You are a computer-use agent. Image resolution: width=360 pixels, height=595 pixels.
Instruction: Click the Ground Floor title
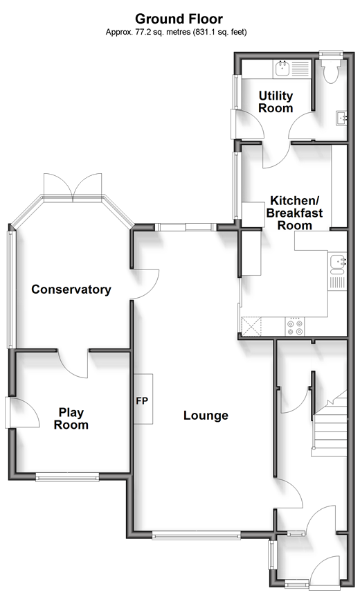point(179,19)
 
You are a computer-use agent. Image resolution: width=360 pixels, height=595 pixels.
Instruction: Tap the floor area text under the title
point(177,33)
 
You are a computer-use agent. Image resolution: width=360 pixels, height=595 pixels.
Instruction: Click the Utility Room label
point(276,101)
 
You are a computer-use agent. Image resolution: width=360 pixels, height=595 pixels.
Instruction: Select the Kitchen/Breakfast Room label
point(294,213)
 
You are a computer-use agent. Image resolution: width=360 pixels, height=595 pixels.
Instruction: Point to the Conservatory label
point(71,289)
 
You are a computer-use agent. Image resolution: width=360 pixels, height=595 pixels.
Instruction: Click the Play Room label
point(71,418)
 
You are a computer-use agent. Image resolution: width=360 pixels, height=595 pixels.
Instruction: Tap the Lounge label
point(206,416)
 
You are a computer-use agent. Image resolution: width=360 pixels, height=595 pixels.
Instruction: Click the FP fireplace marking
point(142,401)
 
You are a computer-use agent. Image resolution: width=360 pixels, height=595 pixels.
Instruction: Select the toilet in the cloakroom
point(329,71)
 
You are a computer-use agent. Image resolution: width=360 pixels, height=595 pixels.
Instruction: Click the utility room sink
point(282,69)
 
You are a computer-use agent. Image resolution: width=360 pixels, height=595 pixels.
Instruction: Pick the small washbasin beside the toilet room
point(341,118)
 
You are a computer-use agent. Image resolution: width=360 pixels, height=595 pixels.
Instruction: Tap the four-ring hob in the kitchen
point(296,326)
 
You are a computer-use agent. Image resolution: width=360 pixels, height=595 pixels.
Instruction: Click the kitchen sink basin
point(337,265)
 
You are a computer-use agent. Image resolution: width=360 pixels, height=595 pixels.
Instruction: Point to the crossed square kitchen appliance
point(251,326)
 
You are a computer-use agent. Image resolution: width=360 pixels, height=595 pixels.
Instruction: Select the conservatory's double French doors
point(73,185)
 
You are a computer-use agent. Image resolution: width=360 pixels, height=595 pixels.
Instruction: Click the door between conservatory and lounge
point(145,284)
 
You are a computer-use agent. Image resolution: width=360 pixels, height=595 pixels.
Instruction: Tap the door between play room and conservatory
point(73,364)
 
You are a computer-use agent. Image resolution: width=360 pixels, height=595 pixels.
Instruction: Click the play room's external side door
point(23,412)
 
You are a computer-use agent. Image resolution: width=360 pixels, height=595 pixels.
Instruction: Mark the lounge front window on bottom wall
point(196,536)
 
